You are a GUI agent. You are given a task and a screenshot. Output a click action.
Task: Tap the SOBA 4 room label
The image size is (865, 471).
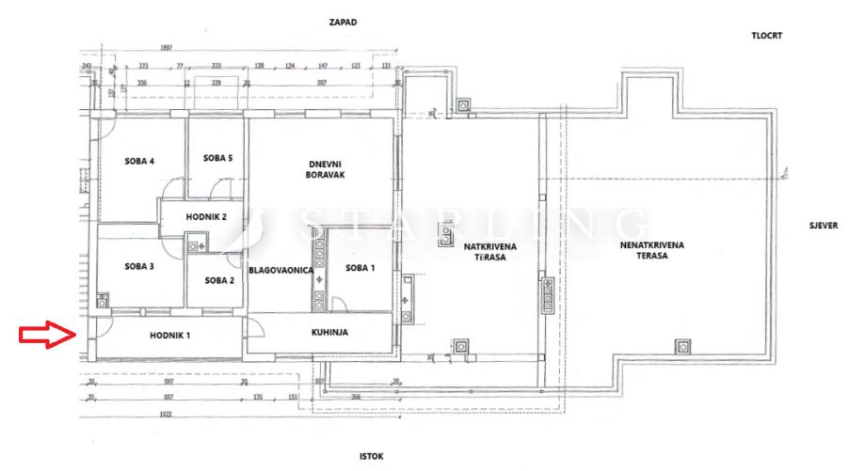(138, 161)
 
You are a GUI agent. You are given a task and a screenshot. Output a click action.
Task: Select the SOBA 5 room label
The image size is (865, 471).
(217, 157)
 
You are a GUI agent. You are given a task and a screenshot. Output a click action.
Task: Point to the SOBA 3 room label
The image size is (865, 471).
(138, 266)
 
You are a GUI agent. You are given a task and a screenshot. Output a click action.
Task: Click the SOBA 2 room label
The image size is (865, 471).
(218, 279)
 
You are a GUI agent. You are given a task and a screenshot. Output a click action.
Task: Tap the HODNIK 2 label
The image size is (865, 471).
(206, 217)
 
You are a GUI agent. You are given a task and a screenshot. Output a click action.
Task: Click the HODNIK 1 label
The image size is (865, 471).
(169, 336)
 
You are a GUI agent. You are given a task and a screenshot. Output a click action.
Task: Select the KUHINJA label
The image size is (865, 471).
(330, 333)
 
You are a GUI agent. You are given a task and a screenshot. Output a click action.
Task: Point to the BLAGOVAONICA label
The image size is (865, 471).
(280, 271)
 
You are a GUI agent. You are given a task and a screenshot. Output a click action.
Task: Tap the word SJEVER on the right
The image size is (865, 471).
(823, 227)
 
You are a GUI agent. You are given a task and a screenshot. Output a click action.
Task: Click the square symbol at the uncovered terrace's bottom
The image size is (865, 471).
(682, 346)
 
